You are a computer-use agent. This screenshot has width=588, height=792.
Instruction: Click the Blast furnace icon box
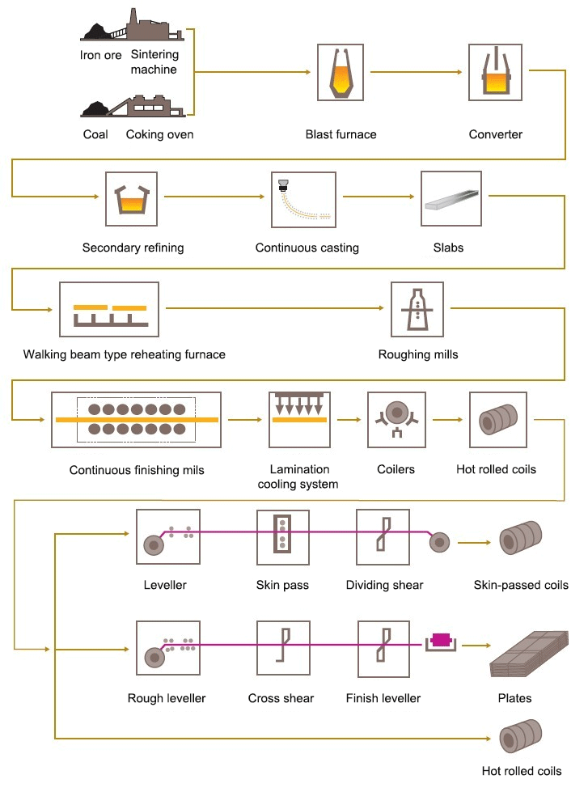pyautogui.click(x=341, y=74)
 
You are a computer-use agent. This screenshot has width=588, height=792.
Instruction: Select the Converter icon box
pyautogui.click(x=496, y=74)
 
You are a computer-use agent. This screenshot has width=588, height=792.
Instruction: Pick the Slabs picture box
pyautogui.click(x=451, y=199)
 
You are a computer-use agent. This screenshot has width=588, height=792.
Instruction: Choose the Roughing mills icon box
pyautogui.click(x=417, y=308)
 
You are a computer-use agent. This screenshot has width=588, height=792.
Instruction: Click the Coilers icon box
pyautogui.click(x=396, y=419)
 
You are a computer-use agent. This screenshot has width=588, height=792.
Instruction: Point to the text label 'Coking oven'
pyautogui.click(x=160, y=134)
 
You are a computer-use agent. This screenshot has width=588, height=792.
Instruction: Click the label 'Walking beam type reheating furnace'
pyautogui.click(x=125, y=354)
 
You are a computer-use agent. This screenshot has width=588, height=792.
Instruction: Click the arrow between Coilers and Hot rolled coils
pyautogui.click(x=447, y=420)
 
